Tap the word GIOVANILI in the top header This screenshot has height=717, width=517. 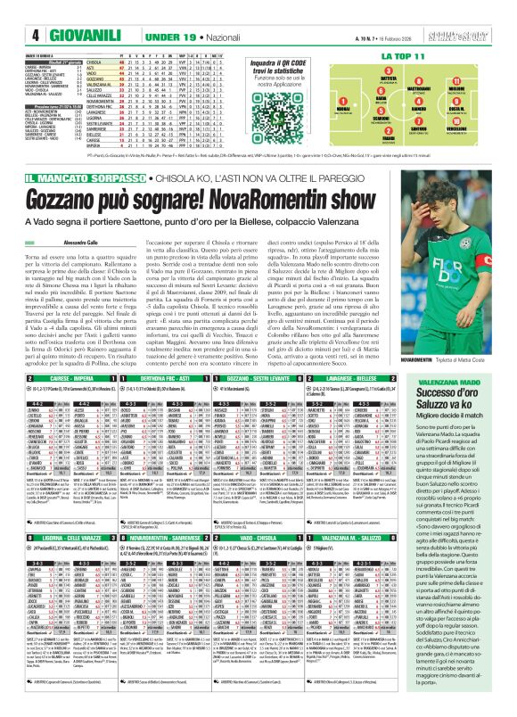(42, 12)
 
